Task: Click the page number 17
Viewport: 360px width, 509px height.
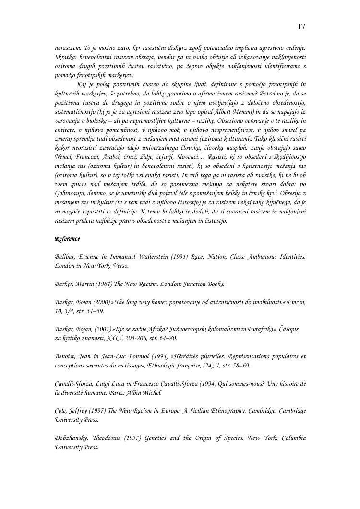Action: click(301, 26)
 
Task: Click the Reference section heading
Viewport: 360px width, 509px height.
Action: click(68, 239)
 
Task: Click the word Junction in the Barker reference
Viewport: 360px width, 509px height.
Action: click(185, 284)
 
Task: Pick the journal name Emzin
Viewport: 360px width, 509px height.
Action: click(296, 302)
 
